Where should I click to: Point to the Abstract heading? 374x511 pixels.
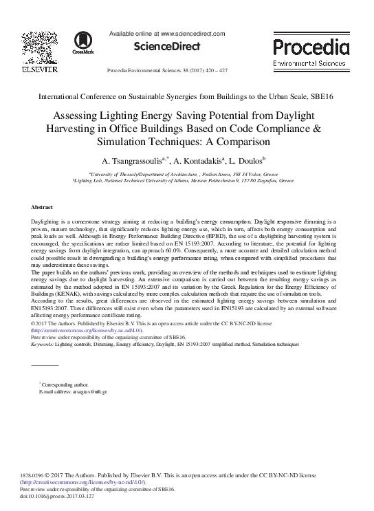[43, 207]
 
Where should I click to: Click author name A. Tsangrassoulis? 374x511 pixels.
[135, 161]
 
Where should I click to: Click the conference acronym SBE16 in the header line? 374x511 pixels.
[322, 97]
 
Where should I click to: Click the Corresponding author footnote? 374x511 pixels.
[65, 384]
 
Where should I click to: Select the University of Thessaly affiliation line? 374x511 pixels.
[187, 175]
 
